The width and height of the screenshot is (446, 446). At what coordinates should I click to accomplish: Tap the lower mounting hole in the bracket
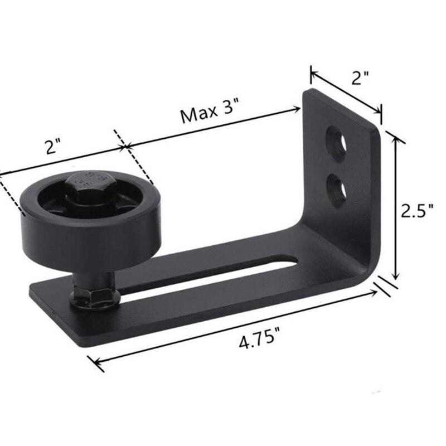click(337, 186)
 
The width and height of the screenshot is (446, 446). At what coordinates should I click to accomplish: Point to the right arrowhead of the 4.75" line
click(379, 290)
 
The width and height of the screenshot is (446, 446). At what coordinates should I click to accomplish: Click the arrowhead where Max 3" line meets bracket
click(299, 111)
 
